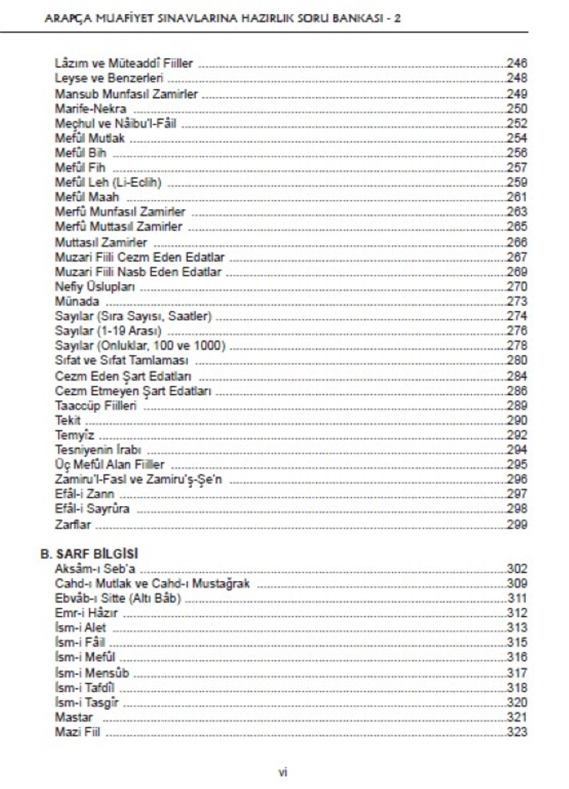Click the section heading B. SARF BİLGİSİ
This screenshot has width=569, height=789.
pos(89,554)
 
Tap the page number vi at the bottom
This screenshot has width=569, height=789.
pos(283,772)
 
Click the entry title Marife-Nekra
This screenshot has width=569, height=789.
pos(90,109)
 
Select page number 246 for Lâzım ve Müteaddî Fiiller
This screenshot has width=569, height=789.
pos(517,64)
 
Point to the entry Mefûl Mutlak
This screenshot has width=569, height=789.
pos(90,139)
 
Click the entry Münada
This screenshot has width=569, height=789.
pos(77,301)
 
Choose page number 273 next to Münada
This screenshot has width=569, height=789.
pos(517,301)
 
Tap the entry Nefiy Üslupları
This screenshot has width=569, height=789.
pos(95,287)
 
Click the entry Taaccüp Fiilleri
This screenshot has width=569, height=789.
pos(96,406)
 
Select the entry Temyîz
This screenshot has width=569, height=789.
pos(74,435)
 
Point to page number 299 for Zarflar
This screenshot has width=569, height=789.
pos(517,524)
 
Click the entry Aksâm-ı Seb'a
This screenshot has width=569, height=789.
pos(95,569)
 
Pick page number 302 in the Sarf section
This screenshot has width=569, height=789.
pos(517,569)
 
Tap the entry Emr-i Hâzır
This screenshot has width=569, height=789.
pos(86,613)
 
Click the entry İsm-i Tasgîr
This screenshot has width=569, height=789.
pos(87,702)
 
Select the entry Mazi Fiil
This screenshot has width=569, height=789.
pos(77,732)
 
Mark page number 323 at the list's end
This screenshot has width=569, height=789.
pos(517,732)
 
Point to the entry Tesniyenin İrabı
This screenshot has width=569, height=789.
pos(98,450)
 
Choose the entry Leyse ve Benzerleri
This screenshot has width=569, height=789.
pos(109,78)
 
